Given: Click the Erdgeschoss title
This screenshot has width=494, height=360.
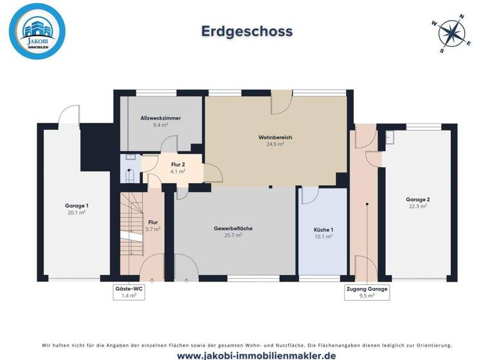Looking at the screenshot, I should [x=247, y=31].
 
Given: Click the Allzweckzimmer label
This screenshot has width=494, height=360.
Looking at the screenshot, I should [x=160, y=118].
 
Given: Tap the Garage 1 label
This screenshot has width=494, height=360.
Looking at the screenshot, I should [x=77, y=206].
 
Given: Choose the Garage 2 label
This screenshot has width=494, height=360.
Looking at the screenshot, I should [x=417, y=199].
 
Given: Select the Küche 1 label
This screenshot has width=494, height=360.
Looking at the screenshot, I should [x=323, y=230].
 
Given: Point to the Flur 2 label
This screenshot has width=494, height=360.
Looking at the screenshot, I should [x=178, y=165].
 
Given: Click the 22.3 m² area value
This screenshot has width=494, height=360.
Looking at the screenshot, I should [x=417, y=206].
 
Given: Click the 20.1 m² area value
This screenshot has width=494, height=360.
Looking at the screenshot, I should [x=77, y=213].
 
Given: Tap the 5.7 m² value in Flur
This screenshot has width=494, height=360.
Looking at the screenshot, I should [x=153, y=229].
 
